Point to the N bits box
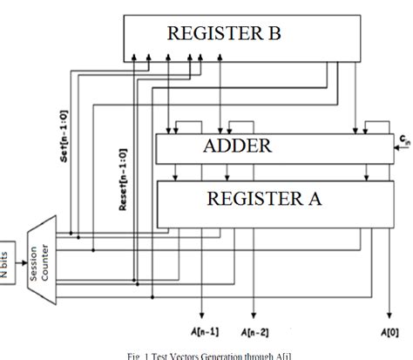(9, 253)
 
